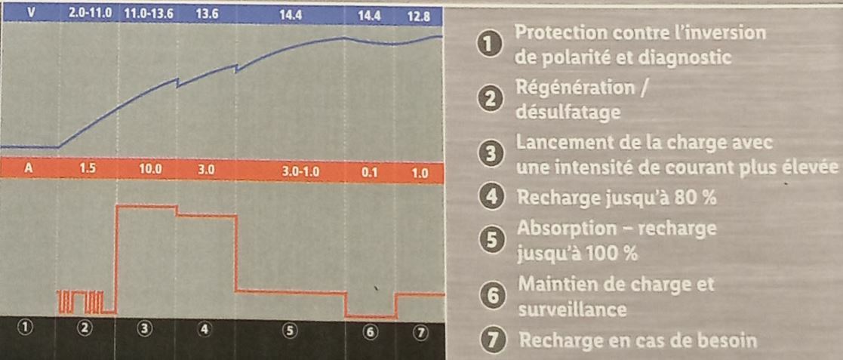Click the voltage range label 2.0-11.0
click(x=91, y=14)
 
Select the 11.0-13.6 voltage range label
click(x=149, y=14)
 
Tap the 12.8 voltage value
click(x=418, y=17)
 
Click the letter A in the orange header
click(x=29, y=169)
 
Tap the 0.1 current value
click(x=369, y=173)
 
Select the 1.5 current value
click(x=87, y=169)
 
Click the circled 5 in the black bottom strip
click(x=289, y=331)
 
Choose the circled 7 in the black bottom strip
click(x=420, y=333)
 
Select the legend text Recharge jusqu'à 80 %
click(x=617, y=198)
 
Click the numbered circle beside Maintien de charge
click(x=491, y=295)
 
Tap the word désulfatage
click(x=568, y=113)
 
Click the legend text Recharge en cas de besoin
click(x=637, y=340)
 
